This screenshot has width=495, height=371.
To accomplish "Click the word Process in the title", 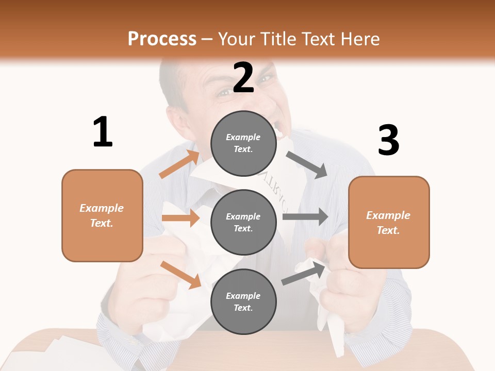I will pyautogui.click(x=162, y=39).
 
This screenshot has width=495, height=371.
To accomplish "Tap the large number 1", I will pyautogui.click(x=103, y=132).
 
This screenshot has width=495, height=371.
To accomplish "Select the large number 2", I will pyautogui.click(x=243, y=77).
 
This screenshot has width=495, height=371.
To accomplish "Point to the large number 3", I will pyautogui.click(x=388, y=140).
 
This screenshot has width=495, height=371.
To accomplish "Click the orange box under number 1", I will pyautogui.click(x=102, y=215).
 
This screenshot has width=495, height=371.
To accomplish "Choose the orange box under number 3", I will pyautogui.click(x=389, y=222).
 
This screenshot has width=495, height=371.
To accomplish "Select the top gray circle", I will pyautogui.click(x=243, y=143).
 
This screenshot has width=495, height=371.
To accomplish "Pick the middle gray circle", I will pyautogui.click(x=243, y=222).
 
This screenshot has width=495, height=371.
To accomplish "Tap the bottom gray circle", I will pyautogui.click(x=243, y=301).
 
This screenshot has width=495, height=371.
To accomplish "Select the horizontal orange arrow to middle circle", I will pyautogui.click(x=181, y=218).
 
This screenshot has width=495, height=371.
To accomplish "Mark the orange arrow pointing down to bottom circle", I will pyautogui.click(x=181, y=275).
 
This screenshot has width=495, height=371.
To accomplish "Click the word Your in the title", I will pyautogui.click(x=236, y=39).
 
